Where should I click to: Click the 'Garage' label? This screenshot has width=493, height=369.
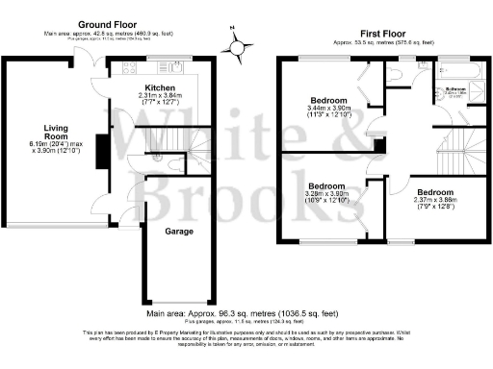pyautogui.click(x=178, y=232)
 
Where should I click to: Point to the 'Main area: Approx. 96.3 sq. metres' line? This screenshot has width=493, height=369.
pyautogui.click(x=243, y=312)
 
